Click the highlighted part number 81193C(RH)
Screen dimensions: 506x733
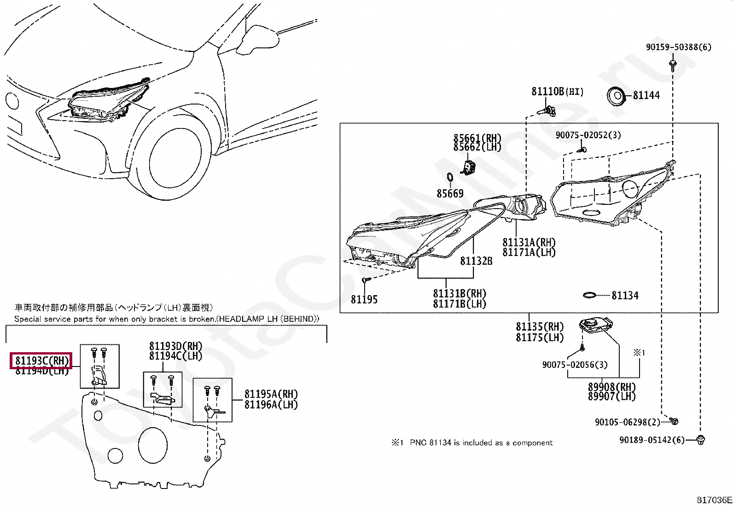click(41, 361)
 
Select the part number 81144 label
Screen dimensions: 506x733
click(646, 95)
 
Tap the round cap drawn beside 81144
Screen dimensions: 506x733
click(616, 96)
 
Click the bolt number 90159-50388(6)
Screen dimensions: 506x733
click(678, 47)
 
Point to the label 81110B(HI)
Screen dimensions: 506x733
click(557, 92)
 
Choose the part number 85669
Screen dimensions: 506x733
click(450, 194)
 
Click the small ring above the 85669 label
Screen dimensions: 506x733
click(450, 177)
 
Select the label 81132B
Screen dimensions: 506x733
click(476, 261)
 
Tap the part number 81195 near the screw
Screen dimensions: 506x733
click(364, 300)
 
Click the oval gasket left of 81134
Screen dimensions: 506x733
click(589, 295)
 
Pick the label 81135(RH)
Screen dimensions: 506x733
click(540, 327)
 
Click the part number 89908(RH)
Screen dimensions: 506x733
click(611, 387)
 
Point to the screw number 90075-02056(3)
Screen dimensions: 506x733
click(575, 365)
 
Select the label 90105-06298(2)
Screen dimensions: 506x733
click(627, 422)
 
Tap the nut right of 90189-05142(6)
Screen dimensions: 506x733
click(701, 440)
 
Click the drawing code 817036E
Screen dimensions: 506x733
click(714, 500)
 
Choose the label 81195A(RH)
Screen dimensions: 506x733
click(271, 394)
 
